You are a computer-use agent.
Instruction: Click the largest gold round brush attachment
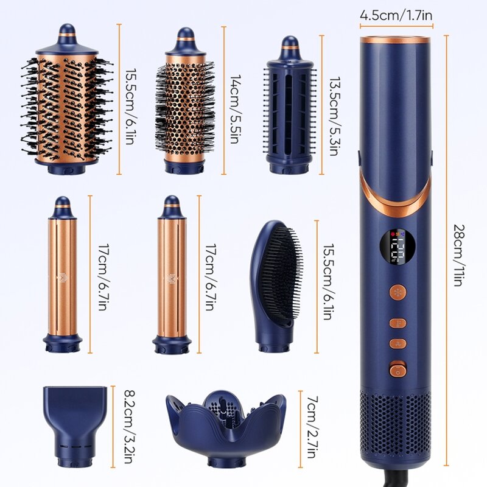[67, 103]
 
